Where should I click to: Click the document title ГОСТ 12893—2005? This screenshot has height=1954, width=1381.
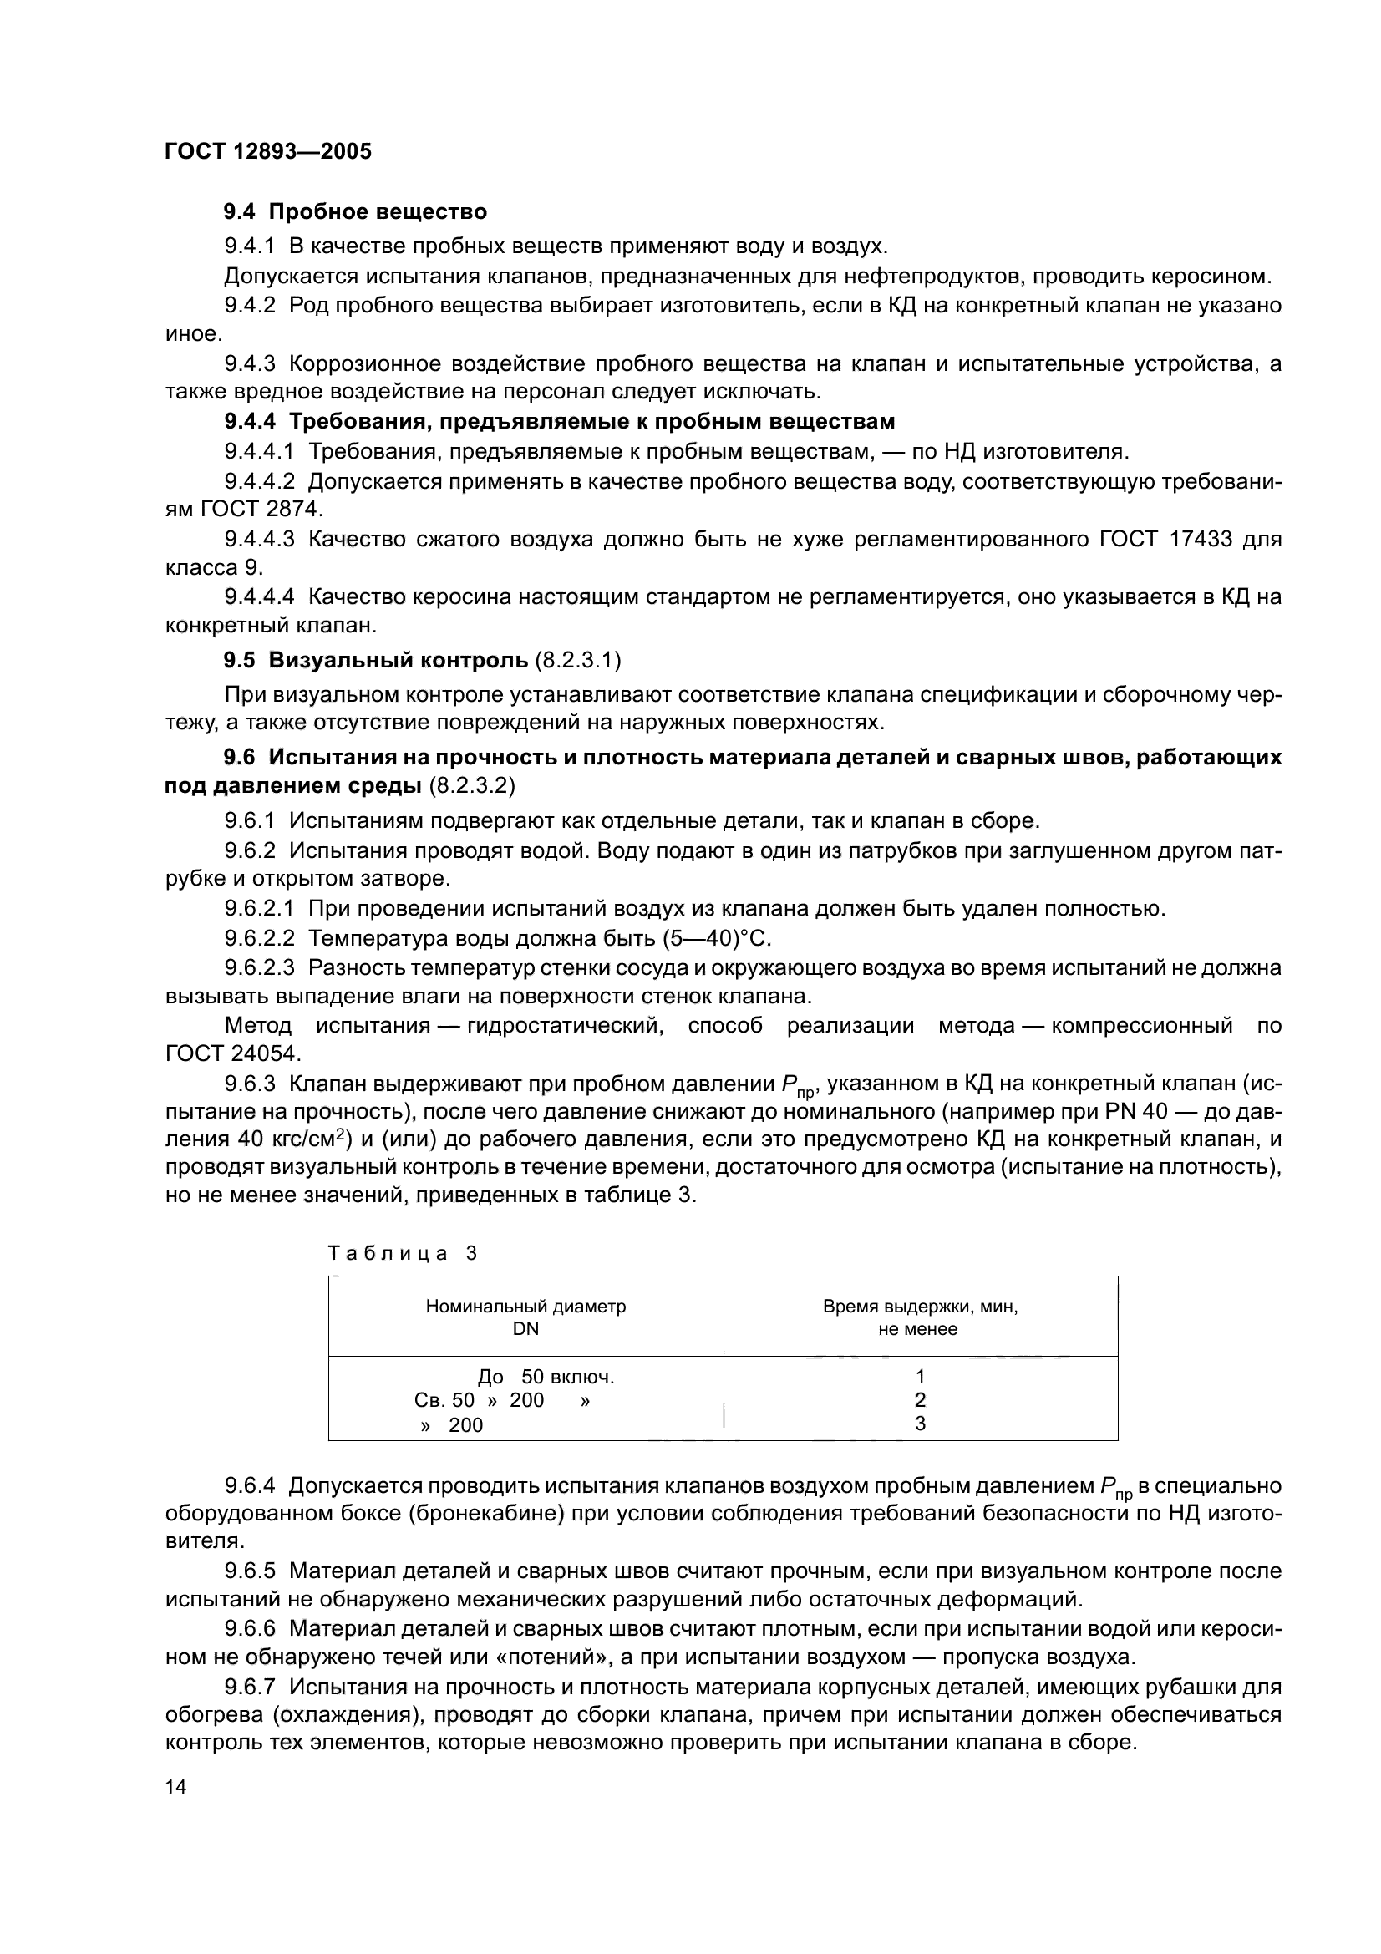pos(268,151)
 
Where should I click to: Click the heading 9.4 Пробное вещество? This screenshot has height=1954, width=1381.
pos(355,211)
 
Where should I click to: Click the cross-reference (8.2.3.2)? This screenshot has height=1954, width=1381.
pos(472,785)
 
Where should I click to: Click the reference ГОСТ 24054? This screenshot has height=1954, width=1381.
pos(232,1053)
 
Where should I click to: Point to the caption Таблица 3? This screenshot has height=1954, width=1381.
pos(403,1254)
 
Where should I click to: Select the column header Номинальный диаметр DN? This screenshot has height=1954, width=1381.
pos(525,1317)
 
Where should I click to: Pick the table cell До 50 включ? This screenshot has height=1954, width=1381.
pos(546,1376)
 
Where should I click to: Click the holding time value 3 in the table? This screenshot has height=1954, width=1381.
pos(920,1423)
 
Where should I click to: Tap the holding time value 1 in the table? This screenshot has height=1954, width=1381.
pos(920,1376)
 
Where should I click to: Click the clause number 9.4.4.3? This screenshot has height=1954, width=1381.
pos(260,539)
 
